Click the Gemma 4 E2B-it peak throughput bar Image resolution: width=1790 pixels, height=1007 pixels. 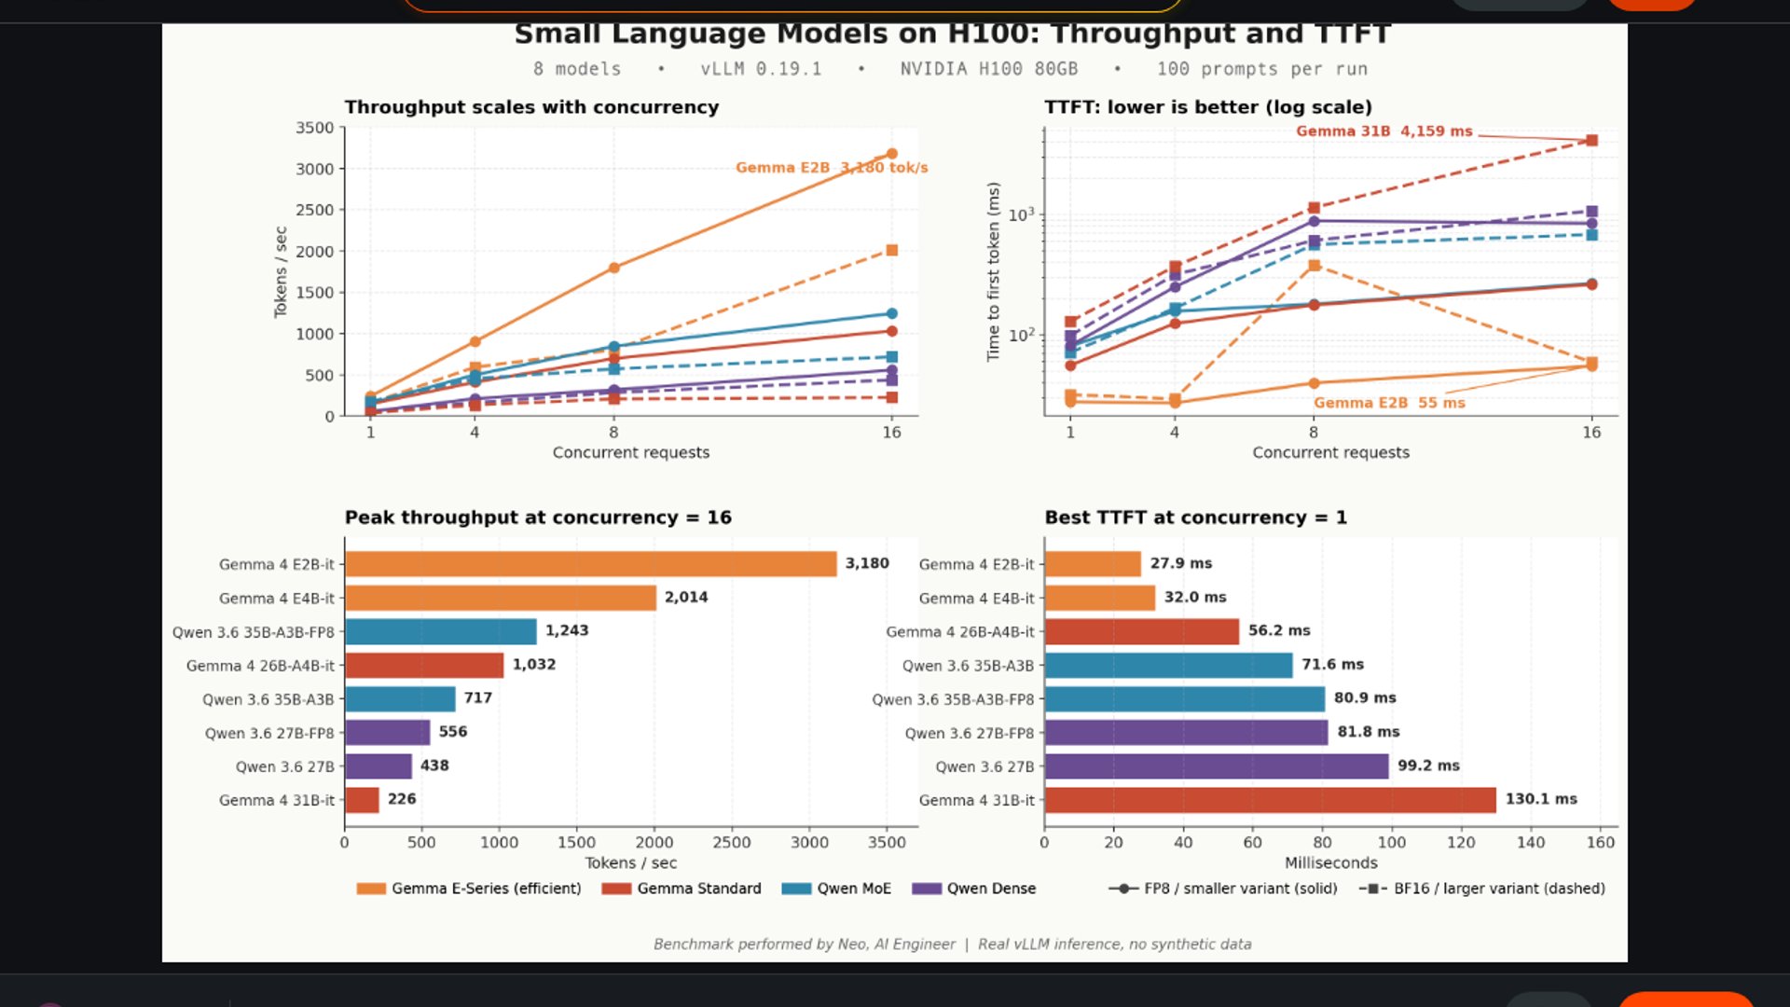click(x=590, y=564)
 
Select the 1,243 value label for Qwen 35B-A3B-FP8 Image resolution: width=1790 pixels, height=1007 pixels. click(x=567, y=631)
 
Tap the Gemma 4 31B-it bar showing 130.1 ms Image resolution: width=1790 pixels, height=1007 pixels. click(x=1270, y=800)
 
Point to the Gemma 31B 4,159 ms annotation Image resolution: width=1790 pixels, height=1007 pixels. click(x=1384, y=131)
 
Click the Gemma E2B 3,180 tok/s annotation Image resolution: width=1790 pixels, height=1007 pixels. click(x=831, y=168)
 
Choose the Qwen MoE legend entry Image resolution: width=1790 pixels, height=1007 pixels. click(x=836, y=889)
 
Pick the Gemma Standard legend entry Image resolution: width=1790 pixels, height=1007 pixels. click(x=682, y=889)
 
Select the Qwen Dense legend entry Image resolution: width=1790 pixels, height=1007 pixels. click(x=974, y=889)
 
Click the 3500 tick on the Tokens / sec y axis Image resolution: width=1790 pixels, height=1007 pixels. click(x=314, y=128)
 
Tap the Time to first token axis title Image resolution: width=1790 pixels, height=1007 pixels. click(x=993, y=271)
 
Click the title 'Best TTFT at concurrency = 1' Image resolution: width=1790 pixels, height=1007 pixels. click(x=1195, y=517)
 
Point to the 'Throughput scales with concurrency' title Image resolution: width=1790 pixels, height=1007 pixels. click(x=531, y=107)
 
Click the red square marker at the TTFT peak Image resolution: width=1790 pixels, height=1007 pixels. click(x=1591, y=141)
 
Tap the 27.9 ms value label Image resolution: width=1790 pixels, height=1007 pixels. click(x=1180, y=564)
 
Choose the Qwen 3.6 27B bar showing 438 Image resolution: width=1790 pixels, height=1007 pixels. click(x=379, y=766)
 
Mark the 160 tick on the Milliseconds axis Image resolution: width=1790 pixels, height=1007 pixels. click(x=1600, y=843)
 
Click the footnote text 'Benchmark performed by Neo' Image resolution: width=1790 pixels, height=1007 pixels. click(x=804, y=945)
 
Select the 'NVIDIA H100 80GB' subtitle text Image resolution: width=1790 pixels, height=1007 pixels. click(x=988, y=69)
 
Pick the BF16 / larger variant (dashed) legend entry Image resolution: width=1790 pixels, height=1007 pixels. click(x=1482, y=889)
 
